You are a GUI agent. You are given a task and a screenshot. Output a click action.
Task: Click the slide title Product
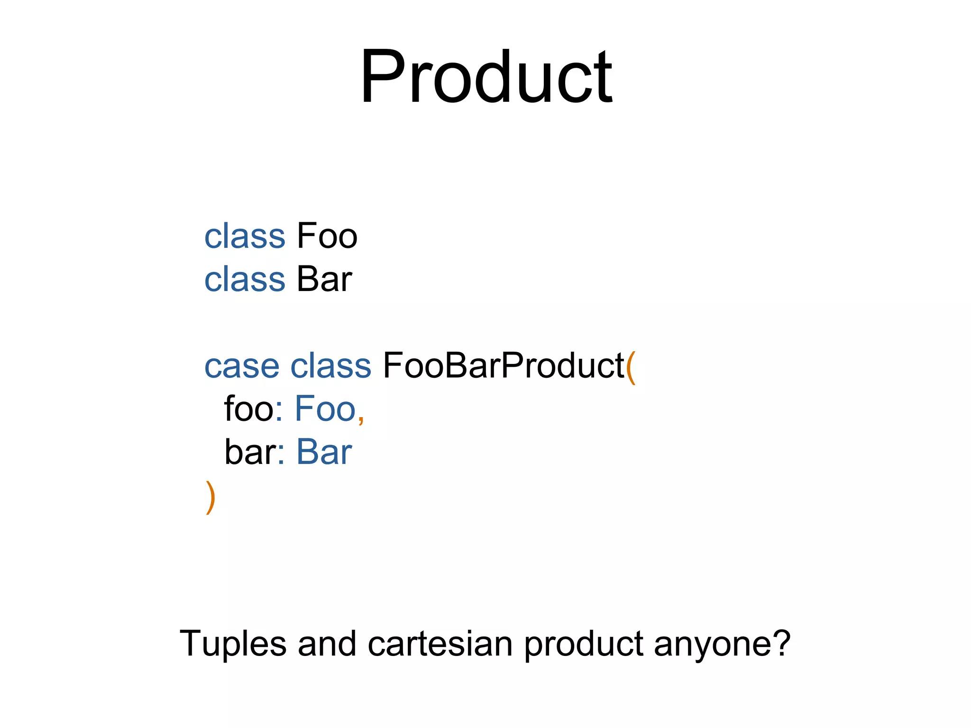[486, 76]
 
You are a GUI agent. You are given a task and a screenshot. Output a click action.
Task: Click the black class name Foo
[327, 236]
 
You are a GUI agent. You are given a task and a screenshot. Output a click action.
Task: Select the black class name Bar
[324, 279]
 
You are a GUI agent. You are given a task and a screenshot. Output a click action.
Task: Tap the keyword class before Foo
[245, 236]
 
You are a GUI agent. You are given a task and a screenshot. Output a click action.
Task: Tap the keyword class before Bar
[245, 279]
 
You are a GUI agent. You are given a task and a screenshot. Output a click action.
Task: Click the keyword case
[242, 366]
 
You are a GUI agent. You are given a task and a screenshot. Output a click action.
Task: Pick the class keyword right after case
[330, 366]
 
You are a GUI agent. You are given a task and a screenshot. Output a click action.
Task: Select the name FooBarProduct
[504, 366]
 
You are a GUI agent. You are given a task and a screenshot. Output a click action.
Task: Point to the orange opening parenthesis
[631, 368]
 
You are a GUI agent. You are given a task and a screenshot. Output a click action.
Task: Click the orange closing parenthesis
[211, 498]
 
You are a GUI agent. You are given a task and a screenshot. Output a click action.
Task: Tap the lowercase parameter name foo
[248, 409]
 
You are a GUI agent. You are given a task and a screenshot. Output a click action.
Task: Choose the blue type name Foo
[325, 409]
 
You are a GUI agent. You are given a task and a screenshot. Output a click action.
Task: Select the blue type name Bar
[324, 452]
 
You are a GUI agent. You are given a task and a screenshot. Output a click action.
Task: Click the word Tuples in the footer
[233, 644]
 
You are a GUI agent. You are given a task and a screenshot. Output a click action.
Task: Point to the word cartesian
[440, 644]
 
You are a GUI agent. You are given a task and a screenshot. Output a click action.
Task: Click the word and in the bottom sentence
[327, 644]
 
